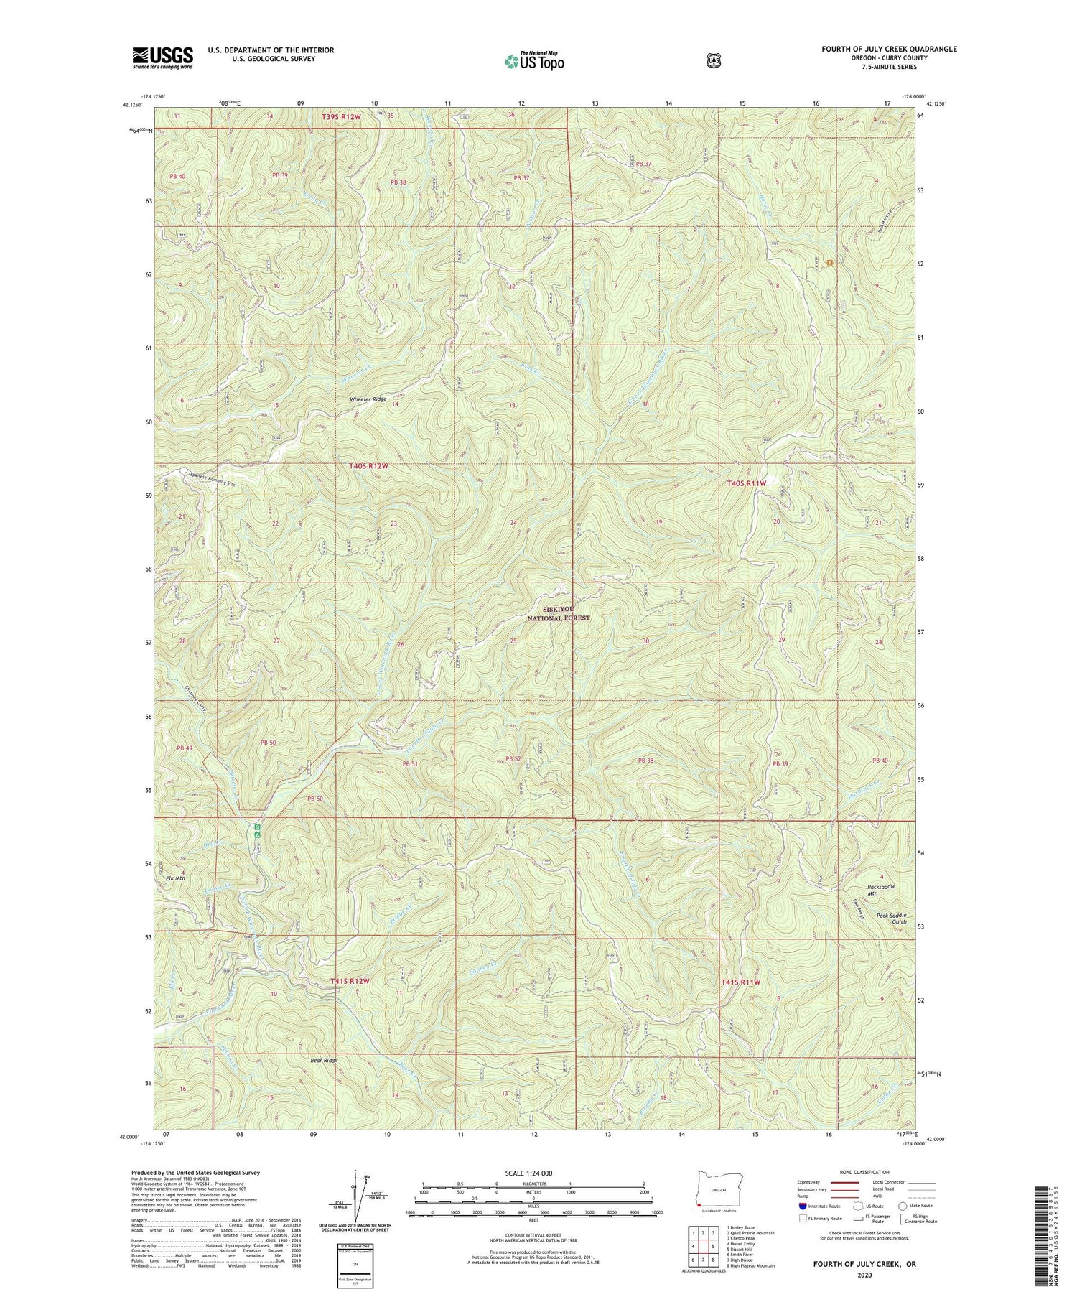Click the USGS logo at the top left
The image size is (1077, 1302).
[x=162, y=57]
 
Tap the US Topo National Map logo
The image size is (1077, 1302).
[x=534, y=60]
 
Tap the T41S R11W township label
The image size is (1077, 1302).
[x=740, y=982]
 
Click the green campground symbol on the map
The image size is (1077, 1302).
[x=257, y=832]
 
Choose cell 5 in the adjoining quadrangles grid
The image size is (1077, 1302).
[x=712, y=1246]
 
